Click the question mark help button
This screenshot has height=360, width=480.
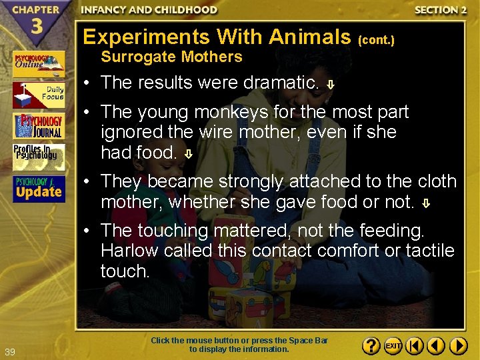(372, 346)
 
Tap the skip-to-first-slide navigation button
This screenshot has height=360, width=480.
(415, 346)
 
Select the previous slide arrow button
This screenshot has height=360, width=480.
(436, 346)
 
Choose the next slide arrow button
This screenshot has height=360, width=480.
(458, 346)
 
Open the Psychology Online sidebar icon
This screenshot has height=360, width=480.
(39, 64)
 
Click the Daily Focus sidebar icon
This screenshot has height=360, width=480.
(39, 95)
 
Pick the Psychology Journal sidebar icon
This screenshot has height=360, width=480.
(39, 126)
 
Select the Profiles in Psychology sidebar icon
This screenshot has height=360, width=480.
(39, 157)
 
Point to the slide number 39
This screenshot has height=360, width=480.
(9, 351)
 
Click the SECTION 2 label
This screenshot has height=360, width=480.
(439, 10)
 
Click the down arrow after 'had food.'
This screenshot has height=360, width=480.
(189, 154)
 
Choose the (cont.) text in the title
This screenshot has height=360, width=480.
(377, 40)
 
